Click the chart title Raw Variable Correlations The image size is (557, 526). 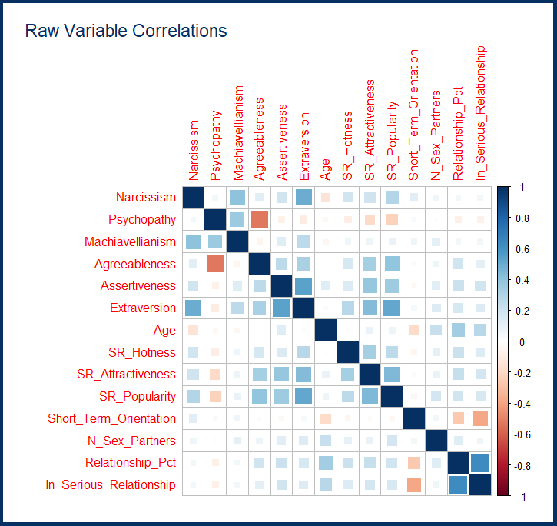126,32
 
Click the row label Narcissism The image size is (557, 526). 146,198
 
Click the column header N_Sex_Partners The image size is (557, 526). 437,135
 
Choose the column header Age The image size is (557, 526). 327,167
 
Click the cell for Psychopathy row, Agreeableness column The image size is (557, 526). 260,220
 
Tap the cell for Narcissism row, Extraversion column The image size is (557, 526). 304,198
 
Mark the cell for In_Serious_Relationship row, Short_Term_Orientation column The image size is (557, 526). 415,485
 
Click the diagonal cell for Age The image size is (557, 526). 327,331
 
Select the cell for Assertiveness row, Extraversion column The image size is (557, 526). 304,286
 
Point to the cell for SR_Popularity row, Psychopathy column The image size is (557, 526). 215,397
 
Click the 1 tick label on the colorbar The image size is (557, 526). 521,187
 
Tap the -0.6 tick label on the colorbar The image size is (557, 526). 524,434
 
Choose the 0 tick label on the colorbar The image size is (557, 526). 521,341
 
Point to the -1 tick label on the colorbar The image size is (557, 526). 522,497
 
